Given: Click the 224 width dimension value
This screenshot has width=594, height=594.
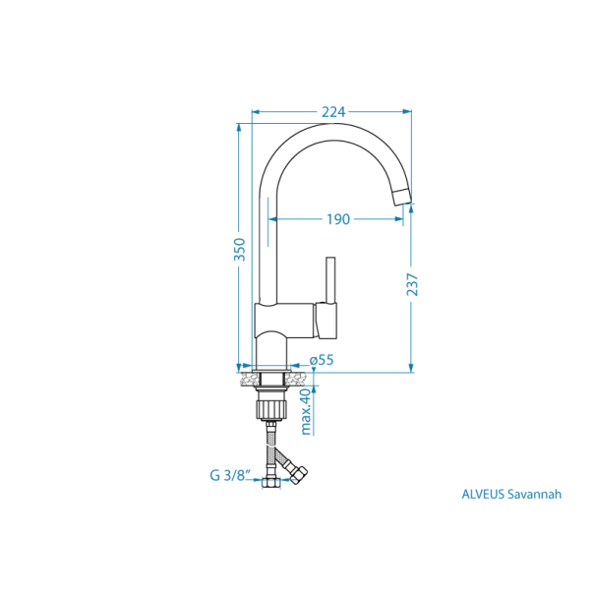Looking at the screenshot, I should tap(333, 111).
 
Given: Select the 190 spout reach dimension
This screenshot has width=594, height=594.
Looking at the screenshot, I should tap(337, 218).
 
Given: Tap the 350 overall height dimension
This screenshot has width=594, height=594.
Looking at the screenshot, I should tap(239, 250).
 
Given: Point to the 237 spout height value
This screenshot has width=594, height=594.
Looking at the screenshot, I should tap(412, 284).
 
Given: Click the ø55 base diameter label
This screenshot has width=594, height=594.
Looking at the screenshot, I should tap(322, 360).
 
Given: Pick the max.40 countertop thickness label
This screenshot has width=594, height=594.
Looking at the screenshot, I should tap(306, 411).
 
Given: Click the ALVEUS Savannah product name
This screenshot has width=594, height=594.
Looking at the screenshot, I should tap(511, 495).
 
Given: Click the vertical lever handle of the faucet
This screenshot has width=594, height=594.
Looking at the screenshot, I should tap(330, 279).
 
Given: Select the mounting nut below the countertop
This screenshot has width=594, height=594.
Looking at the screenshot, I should tap(270, 404).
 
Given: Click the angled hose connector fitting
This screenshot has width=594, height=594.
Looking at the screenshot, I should tap(297, 470).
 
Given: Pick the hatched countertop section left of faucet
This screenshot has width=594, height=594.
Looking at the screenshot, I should tap(246, 377).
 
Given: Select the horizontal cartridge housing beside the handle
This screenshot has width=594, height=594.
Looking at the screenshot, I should tap(327, 319).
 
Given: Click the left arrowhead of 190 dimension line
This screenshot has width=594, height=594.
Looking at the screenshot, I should tap(267, 218).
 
